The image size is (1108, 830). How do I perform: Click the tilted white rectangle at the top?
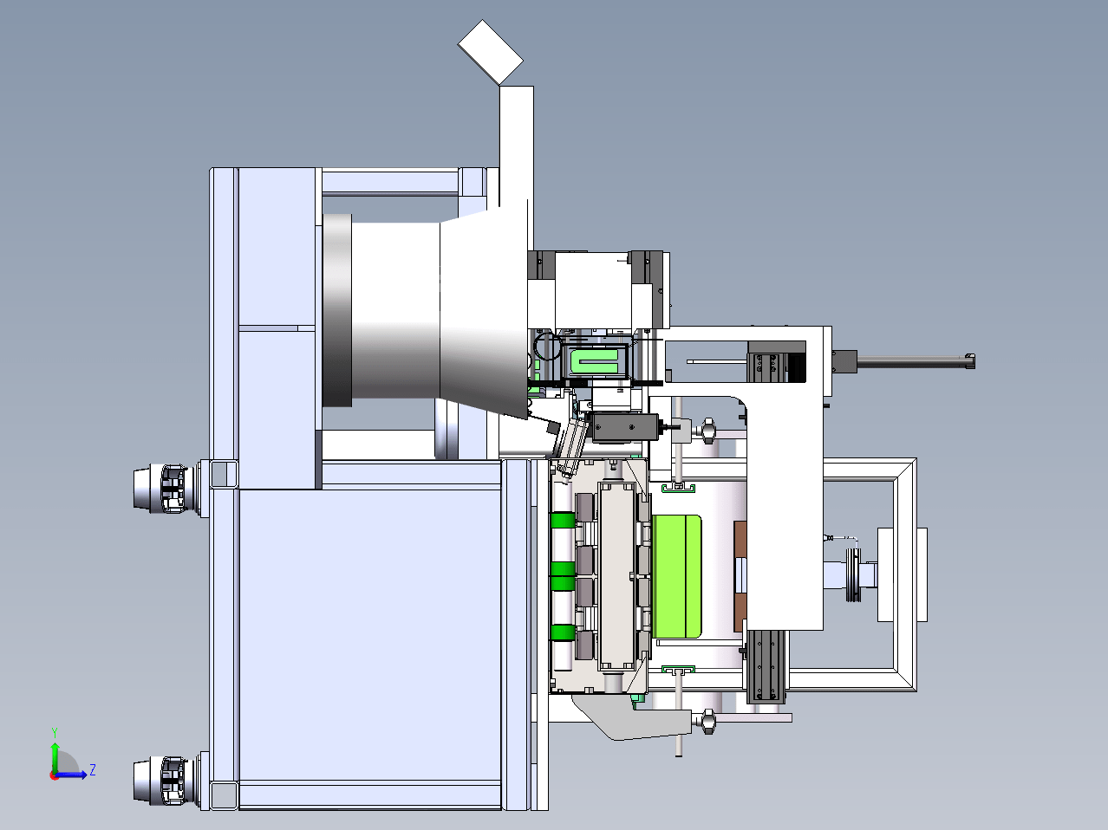point(490,52)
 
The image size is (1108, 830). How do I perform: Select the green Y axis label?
point(55,733)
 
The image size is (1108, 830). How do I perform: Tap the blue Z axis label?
point(93,770)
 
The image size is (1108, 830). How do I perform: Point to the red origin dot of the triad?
point(54,775)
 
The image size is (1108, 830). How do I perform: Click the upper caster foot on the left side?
point(166,489)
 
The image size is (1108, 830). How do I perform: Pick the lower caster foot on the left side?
point(166,780)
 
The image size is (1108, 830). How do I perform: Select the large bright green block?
point(676,576)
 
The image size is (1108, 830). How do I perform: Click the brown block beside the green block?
point(740,576)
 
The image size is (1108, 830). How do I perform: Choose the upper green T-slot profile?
point(678,488)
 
